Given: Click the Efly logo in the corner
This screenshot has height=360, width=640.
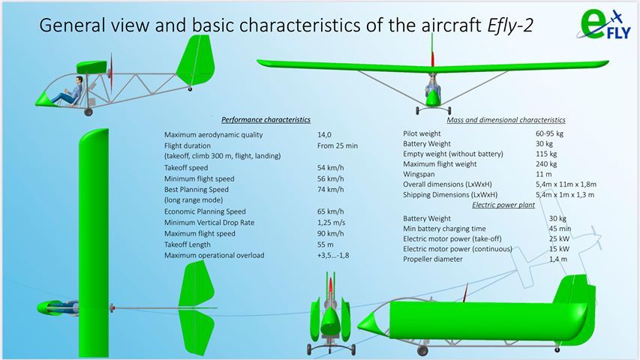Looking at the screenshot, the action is coord(604,25).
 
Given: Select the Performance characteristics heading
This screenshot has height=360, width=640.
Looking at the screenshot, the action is coord(266,119).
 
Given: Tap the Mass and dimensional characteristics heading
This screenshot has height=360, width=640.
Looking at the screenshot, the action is coord(506,120).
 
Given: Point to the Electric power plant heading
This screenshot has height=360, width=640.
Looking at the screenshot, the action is coord(503,205).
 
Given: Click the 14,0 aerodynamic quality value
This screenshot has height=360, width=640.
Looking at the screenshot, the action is coord(324,135).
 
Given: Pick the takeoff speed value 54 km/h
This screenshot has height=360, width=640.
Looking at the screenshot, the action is coord(331,168).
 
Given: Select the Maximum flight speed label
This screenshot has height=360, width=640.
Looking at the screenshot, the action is coord(200,233).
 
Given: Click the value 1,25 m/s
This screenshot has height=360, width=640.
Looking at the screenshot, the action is coord(331,223).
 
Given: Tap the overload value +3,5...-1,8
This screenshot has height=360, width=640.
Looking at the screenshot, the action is coord(333,256).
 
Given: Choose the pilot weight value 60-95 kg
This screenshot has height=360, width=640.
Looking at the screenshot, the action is coord(549,133).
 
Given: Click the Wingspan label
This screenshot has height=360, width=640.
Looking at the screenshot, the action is coord(419,174).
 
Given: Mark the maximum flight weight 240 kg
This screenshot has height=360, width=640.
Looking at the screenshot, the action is coord(546,164).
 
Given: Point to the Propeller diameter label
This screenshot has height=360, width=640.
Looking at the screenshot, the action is coord(433,259).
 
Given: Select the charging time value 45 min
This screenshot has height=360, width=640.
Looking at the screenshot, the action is coord(560,229).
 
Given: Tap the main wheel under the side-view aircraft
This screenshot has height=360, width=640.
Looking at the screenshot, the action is coord(89,112).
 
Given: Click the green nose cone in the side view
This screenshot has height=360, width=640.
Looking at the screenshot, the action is coord(44,99).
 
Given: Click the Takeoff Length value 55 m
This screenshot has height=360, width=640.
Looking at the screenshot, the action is coord(326,244).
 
